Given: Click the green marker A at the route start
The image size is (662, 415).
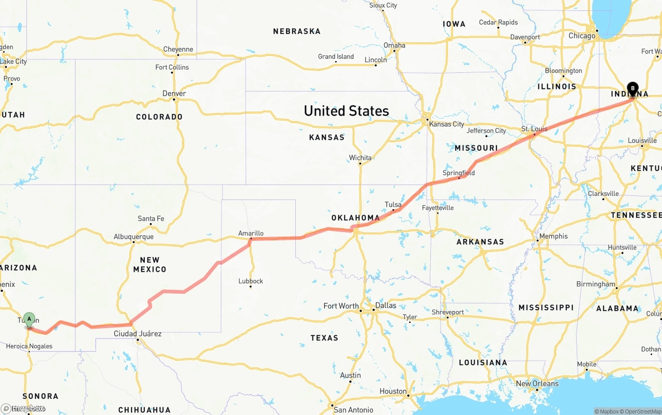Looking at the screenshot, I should point(29,319).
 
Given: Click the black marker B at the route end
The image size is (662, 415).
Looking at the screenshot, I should point(633,88).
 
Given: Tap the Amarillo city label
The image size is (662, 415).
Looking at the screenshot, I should point(251,233).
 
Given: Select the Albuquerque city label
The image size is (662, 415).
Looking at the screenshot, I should point(133,237).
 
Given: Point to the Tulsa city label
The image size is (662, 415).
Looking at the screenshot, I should point(393,205).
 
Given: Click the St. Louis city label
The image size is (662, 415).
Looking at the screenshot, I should point(534,129).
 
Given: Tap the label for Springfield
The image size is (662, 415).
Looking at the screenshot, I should point(458,173).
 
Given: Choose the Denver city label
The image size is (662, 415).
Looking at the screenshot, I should point(174,94).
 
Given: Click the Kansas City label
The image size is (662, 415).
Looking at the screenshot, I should point(446,124).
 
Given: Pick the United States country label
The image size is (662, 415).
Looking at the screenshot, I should point(346,111).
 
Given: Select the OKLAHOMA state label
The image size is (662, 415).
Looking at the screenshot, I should point(355,218).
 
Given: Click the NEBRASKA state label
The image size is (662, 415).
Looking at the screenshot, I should point(297,32).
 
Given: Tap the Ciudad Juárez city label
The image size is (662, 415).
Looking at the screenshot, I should point(138,334).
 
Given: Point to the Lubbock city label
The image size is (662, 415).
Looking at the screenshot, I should point(251,281).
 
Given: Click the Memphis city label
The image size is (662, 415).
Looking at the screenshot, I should point(553,236).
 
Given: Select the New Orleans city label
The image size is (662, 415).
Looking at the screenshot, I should point(537,383).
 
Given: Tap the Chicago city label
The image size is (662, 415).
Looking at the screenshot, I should point(582,36).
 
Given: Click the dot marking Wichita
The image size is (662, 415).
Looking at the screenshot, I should point(360,163).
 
